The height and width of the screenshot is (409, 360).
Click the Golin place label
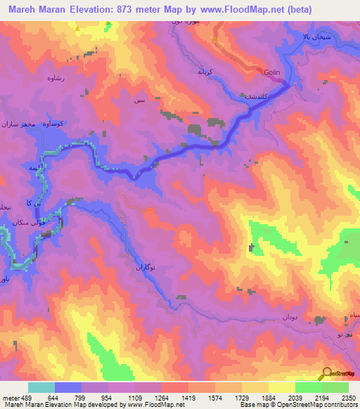coord(274,73)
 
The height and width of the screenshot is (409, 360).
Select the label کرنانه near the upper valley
coord(211,72)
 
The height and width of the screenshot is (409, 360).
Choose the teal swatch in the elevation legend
coord(41,387)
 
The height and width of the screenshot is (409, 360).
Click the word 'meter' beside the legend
coord(8,397)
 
